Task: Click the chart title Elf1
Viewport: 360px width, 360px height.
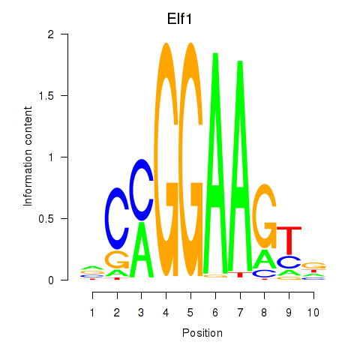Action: (179, 19)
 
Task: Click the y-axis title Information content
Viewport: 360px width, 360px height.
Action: (28, 157)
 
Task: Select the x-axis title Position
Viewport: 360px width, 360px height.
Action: (202, 333)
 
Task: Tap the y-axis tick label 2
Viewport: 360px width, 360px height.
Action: (51, 34)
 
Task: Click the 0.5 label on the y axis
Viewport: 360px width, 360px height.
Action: (46, 219)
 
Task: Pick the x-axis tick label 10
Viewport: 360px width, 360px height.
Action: (313, 313)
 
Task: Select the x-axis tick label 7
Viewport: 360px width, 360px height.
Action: (240, 313)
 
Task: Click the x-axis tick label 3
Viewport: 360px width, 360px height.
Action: (141, 313)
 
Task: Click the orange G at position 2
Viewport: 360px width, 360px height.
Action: (117, 259)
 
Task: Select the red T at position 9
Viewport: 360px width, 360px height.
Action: (289, 240)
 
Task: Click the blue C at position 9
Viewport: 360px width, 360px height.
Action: (289, 262)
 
